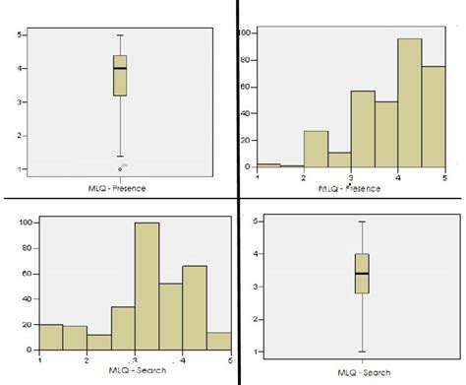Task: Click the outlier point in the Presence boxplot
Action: pos(120,168)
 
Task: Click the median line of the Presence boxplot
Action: pos(120,69)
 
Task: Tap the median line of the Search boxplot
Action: pos(334,273)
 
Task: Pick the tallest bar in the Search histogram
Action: pos(147,287)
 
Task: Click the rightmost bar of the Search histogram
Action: pos(219,340)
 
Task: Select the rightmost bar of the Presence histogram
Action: pos(433,117)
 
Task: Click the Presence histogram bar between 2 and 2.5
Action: pos(317,149)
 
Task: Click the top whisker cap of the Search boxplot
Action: pos(334,222)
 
